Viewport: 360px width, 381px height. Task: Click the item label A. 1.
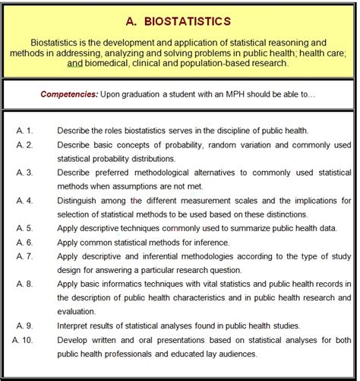pos(24,130)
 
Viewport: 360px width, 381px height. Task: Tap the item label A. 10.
pos(26,341)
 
